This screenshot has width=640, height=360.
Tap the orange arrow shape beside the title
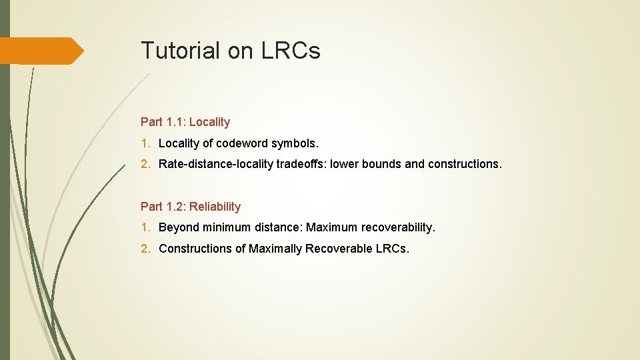pos(41,51)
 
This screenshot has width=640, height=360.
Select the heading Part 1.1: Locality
pos(185,122)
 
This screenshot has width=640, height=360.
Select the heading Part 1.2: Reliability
pos(191,207)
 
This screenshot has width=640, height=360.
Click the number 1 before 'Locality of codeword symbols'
pos(145,143)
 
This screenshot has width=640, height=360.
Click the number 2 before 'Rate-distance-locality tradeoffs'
pos(145,164)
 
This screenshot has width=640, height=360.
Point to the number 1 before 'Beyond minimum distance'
pos(145,228)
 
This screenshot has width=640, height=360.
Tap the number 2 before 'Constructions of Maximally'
pos(145,249)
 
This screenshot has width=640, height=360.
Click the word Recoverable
pos(338,249)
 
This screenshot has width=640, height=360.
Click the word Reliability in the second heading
pos(215,207)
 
